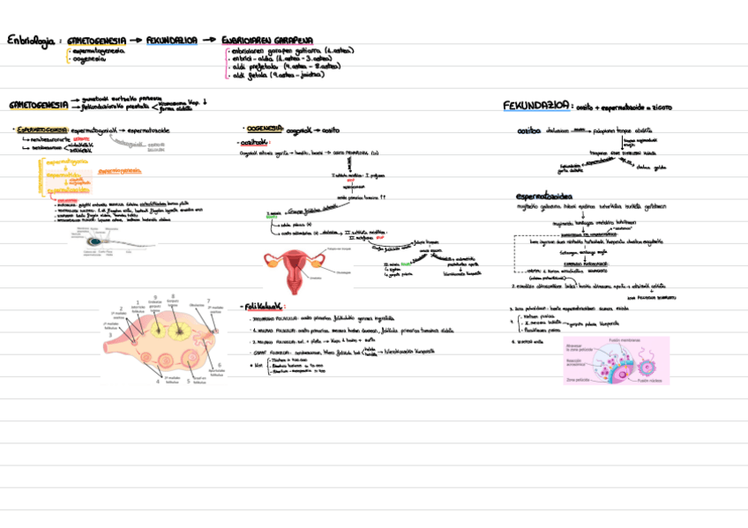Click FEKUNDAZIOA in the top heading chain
coord(172,41)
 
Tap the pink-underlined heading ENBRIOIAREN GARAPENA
coord(268,41)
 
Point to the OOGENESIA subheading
coord(264,128)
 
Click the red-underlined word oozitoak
coord(255,141)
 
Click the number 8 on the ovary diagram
coord(173,296)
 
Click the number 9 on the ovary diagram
coord(155,297)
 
